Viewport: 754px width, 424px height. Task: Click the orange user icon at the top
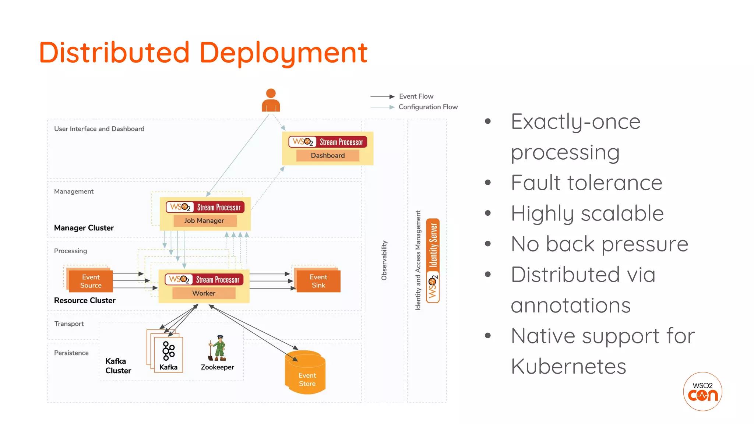271,100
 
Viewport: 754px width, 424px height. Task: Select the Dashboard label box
328,155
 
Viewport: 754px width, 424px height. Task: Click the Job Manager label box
204,220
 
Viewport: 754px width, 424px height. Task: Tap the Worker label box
204,293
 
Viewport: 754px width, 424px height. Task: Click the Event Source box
91,281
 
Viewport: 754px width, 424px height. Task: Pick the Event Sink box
318,281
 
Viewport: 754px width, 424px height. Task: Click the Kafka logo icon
169,351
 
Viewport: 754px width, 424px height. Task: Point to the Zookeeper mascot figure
218,348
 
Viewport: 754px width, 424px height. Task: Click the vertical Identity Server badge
433,261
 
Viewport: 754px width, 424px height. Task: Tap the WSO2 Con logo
702,391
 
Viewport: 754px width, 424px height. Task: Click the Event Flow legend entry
416,96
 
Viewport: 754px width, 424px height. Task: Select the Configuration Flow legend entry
428,107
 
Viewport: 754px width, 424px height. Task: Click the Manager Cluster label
84,228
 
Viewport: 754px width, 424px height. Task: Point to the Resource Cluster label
85,300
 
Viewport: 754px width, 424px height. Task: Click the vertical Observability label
384,260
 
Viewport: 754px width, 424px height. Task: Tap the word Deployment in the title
283,53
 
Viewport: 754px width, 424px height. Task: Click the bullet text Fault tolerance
586,183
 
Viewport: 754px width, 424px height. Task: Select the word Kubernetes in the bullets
568,367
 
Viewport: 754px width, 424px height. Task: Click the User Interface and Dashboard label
99,129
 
